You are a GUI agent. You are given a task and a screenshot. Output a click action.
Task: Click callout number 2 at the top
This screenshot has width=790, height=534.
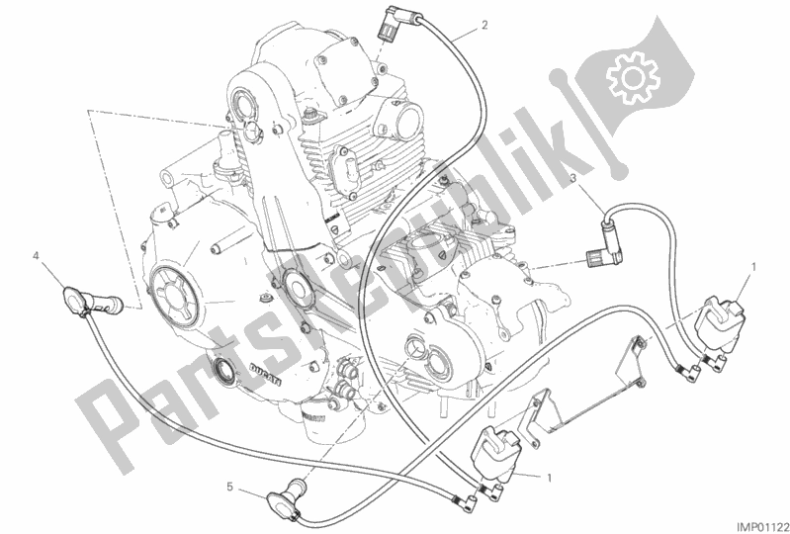tap(484, 25)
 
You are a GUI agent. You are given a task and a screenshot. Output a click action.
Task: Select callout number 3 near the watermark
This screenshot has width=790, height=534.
tap(572, 178)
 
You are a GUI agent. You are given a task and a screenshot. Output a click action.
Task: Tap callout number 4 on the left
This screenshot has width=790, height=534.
tap(36, 256)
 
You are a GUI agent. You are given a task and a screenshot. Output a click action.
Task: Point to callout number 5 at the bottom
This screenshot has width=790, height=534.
tap(229, 487)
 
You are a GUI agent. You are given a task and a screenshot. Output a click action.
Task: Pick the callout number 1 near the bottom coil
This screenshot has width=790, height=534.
tap(549, 477)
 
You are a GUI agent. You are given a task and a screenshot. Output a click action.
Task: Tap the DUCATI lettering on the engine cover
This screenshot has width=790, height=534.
tap(265, 373)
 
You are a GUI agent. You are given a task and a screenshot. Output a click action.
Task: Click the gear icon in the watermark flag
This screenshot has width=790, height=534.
tap(633, 77)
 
